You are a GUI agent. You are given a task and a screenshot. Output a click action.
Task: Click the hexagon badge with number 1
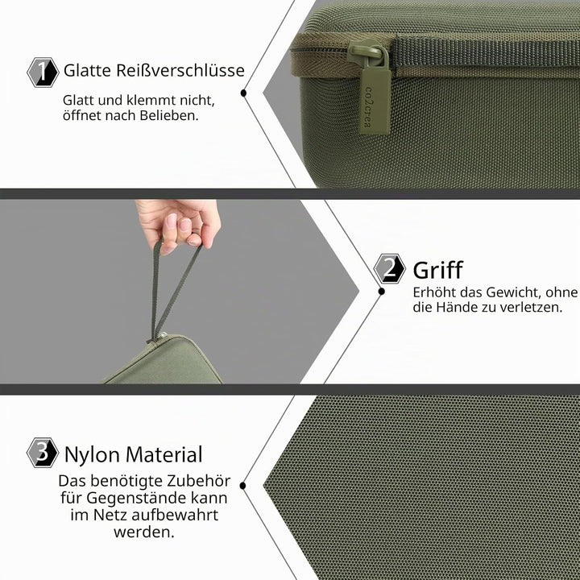tap(43, 72)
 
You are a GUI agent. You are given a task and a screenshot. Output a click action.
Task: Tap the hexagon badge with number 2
tap(389, 268)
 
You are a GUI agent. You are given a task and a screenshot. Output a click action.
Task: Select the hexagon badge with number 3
tap(43, 453)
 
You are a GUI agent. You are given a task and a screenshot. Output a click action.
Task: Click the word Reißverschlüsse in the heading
tap(180, 70)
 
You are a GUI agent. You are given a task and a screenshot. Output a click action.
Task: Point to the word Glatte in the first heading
tap(87, 70)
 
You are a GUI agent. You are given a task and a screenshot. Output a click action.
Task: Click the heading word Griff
tap(438, 270)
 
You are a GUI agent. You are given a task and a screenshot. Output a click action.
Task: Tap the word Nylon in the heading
tap(92, 455)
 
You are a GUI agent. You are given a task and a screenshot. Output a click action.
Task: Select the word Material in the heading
tap(163, 454)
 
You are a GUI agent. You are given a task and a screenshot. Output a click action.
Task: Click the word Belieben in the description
tap(169, 115)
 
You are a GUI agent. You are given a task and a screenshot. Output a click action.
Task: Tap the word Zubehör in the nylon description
tap(199, 481)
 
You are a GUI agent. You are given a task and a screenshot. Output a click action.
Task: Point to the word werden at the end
tap(144, 532)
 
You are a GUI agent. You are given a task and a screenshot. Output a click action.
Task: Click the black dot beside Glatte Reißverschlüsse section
tap(243, 93)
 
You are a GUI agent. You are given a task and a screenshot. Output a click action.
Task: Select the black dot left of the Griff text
tap(382, 292)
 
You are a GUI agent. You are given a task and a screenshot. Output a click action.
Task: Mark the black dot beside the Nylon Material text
tap(243, 486)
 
